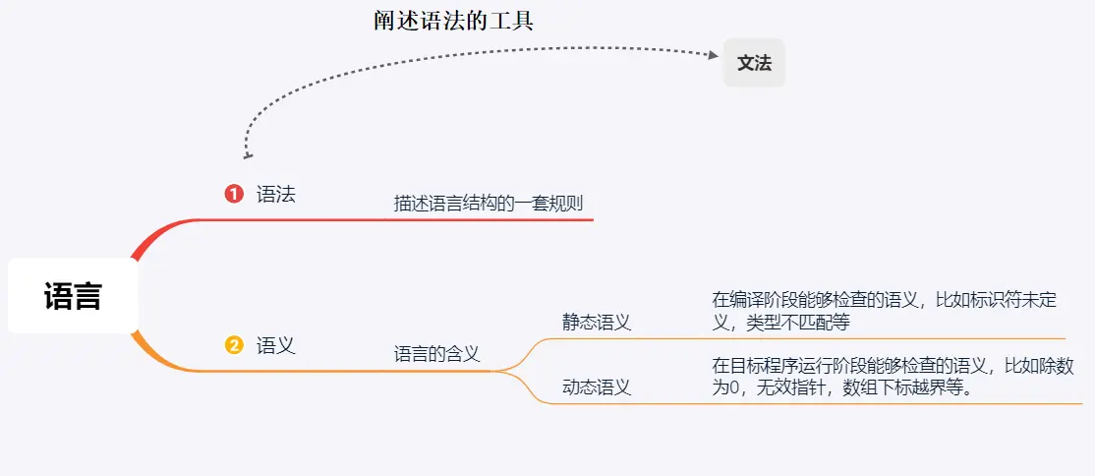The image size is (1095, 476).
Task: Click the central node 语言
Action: click(73, 296)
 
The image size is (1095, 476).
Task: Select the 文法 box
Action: click(754, 64)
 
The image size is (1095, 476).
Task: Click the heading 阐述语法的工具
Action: click(453, 21)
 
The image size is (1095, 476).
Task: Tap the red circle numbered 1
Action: click(234, 194)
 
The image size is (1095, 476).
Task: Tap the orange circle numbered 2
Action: click(234, 345)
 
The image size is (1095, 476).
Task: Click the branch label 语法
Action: click(275, 194)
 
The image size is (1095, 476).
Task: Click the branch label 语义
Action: click(275, 345)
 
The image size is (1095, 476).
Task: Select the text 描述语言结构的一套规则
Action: click(489, 204)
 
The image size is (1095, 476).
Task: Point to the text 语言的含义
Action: click(436, 354)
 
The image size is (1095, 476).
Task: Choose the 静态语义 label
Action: click(596, 322)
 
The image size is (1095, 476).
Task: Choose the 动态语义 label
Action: click(596, 387)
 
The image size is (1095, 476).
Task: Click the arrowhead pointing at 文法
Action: click(714, 56)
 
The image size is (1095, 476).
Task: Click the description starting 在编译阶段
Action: click(884, 311)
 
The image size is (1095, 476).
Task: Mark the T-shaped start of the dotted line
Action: click(248, 155)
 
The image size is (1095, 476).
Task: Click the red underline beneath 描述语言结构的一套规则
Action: click(491, 219)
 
